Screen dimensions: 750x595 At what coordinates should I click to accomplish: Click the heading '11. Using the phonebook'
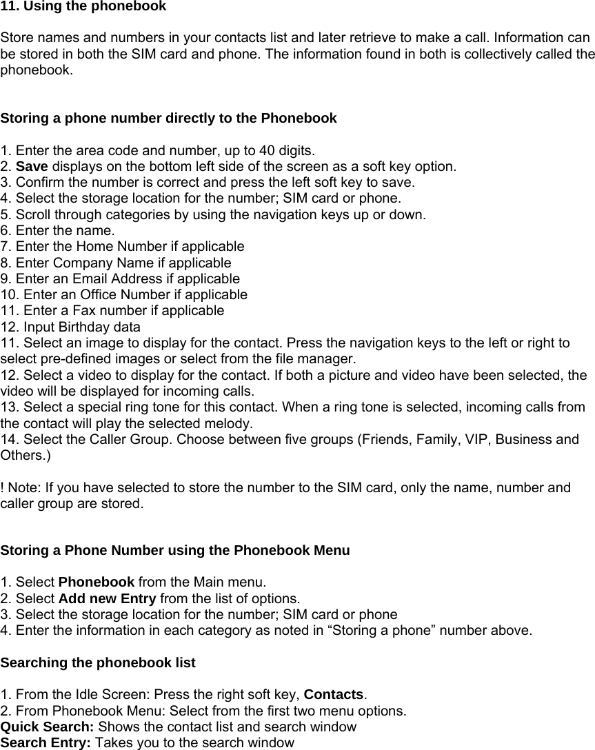tap(83, 7)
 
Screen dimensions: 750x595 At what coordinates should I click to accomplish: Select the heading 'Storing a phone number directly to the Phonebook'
tap(169, 118)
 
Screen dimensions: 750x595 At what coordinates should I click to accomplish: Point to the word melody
tap(231, 423)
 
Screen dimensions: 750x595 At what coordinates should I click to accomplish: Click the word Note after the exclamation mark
tap(23, 488)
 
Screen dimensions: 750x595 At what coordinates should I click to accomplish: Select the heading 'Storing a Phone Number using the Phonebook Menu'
tap(175, 551)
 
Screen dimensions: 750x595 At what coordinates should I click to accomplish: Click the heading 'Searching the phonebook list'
tap(98, 662)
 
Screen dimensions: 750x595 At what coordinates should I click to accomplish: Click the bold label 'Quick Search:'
tap(48, 727)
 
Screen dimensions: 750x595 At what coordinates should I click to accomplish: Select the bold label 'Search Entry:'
tap(46, 743)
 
